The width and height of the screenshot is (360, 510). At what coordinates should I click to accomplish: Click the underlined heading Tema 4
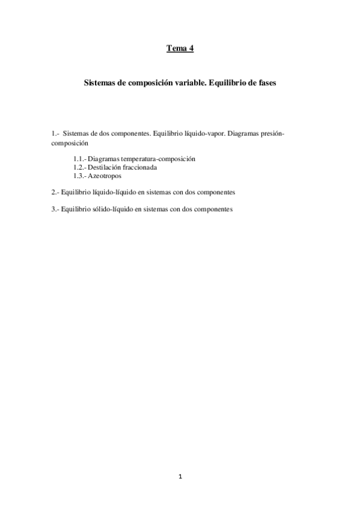click(x=180, y=49)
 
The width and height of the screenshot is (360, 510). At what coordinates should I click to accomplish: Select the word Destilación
click(x=106, y=167)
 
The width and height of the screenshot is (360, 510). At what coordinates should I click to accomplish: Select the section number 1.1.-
click(x=79, y=159)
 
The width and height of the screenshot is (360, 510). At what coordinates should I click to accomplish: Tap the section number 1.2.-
click(x=79, y=167)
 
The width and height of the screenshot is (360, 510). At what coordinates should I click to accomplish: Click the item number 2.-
click(x=55, y=192)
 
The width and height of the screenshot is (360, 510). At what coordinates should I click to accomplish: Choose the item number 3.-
click(x=55, y=209)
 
